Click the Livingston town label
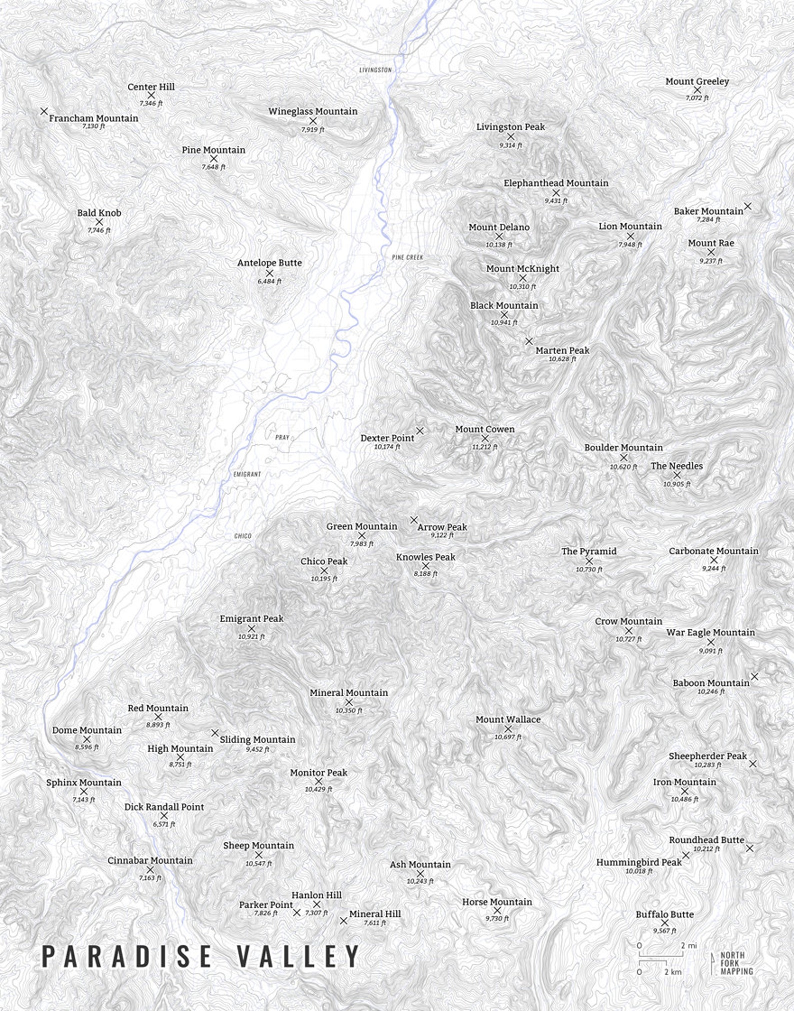coord(375,70)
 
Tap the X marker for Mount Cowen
coord(484,439)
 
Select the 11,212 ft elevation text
coord(484,447)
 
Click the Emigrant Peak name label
coord(251,619)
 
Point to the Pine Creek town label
coord(407,257)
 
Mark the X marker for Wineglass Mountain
coord(313,121)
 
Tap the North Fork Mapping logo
coord(732,963)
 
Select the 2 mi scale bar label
coord(688,945)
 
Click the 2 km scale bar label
coord(672,971)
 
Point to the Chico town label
coord(242,536)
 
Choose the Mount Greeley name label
coord(697,81)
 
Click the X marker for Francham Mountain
coord(44,111)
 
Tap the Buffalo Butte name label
coord(664,914)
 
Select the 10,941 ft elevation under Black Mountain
coord(504,323)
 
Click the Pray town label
coord(282,437)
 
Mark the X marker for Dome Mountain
coord(86,739)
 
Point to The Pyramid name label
coord(588,551)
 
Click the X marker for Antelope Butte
coord(269,273)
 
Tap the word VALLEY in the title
coord(297,956)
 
